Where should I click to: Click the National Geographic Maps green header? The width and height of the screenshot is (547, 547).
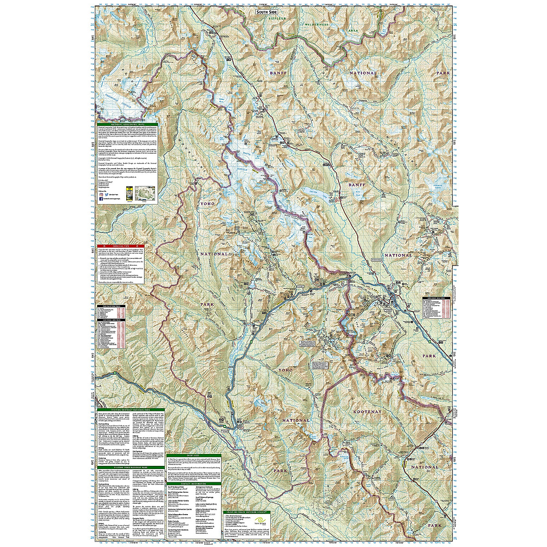click(125, 124)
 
